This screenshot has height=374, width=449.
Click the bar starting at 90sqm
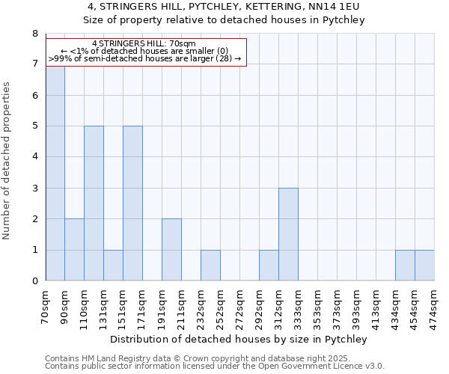pos(74,250)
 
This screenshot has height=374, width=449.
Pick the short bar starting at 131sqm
pos(113,266)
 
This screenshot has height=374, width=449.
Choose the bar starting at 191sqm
pos(171,250)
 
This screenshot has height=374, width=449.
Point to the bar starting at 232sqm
pos(210,266)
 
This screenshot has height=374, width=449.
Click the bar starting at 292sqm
pos(269,266)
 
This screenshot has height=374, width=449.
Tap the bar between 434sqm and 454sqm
pos(405,266)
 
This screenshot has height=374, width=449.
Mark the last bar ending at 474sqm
pos(424,266)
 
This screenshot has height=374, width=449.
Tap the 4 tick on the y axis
pos(34,157)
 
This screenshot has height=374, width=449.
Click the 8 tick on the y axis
pos(34,34)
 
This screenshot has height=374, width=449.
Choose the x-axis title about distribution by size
pos(239,339)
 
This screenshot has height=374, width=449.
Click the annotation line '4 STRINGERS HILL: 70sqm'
pos(144,44)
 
